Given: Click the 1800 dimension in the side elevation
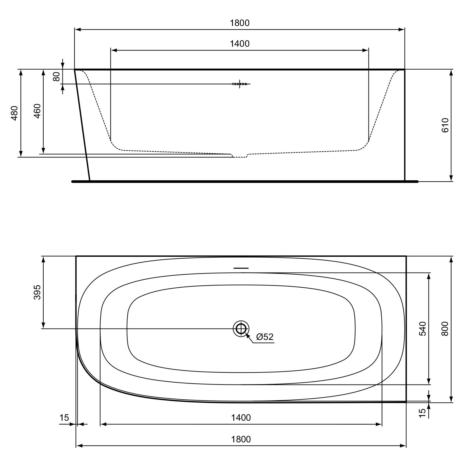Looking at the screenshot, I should (x=240, y=23).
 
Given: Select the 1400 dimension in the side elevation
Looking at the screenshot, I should (x=240, y=44).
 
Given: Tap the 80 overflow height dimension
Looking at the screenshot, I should (x=57, y=76).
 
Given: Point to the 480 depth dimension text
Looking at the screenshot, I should (x=15, y=113).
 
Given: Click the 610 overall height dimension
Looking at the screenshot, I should (x=445, y=125).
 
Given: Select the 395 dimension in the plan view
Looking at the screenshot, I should (x=37, y=292).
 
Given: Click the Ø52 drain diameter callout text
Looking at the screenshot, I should (x=265, y=337).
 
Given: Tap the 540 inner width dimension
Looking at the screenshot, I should (x=423, y=329).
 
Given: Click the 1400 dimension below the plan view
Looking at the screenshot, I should (x=241, y=418).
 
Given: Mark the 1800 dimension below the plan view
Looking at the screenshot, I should (x=241, y=439).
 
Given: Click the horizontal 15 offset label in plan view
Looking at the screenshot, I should (x=64, y=418).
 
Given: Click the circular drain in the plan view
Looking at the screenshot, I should (x=241, y=329).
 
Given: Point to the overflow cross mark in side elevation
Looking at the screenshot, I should (x=240, y=84).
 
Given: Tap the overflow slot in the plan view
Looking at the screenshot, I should (x=241, y=268).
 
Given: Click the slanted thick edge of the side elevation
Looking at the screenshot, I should (x=82, y=125).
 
